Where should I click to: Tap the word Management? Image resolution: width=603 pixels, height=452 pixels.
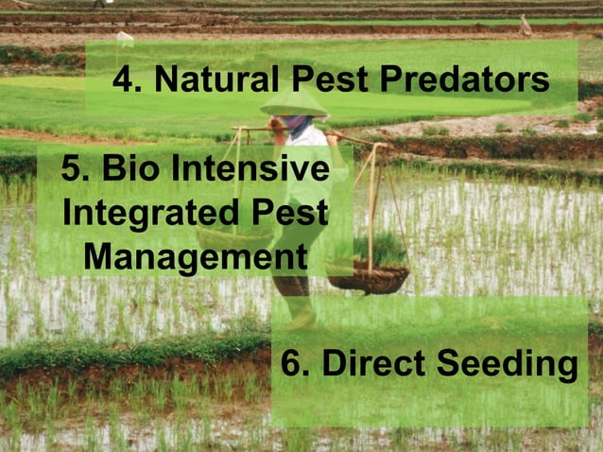coord(195,256)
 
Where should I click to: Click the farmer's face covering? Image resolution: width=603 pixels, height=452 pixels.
coord(299,123)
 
